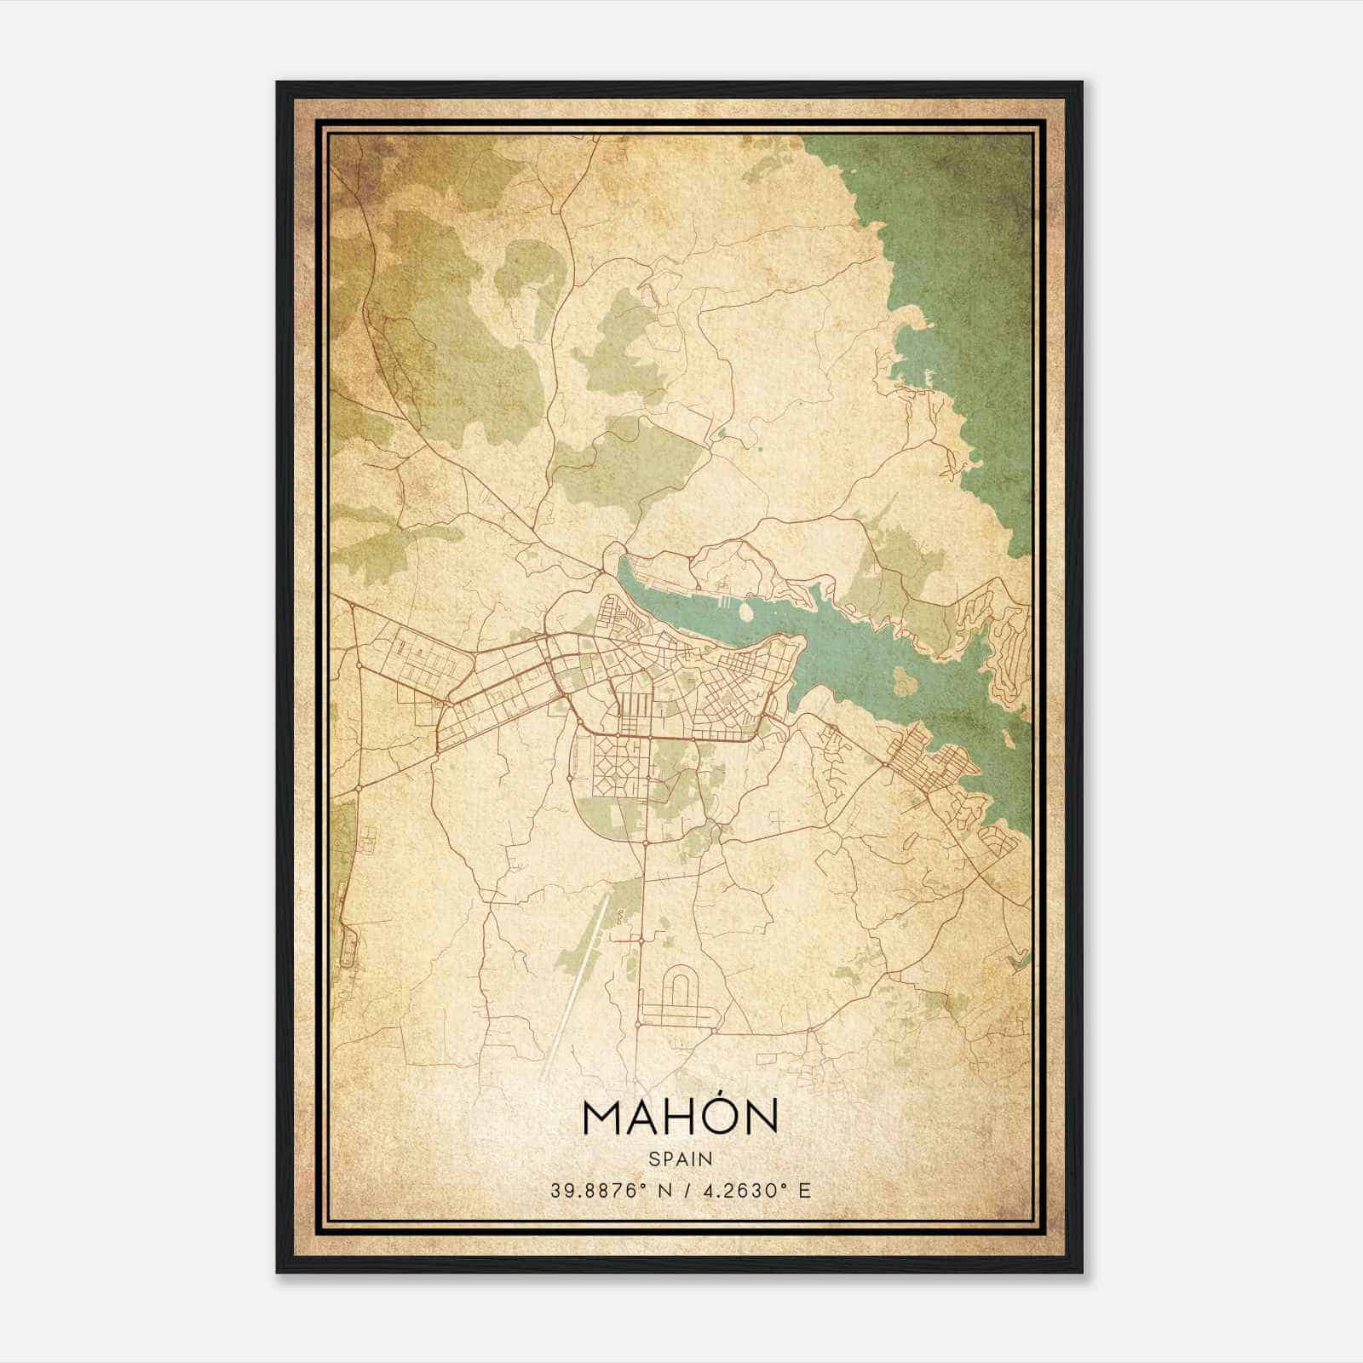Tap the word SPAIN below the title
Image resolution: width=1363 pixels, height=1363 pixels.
click(681, 1159)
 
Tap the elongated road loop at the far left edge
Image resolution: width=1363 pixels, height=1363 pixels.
click(345, 937)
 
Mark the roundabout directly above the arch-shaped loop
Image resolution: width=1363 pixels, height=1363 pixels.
click(641, 940)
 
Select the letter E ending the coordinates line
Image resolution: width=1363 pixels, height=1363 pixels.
click(804, 1190)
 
